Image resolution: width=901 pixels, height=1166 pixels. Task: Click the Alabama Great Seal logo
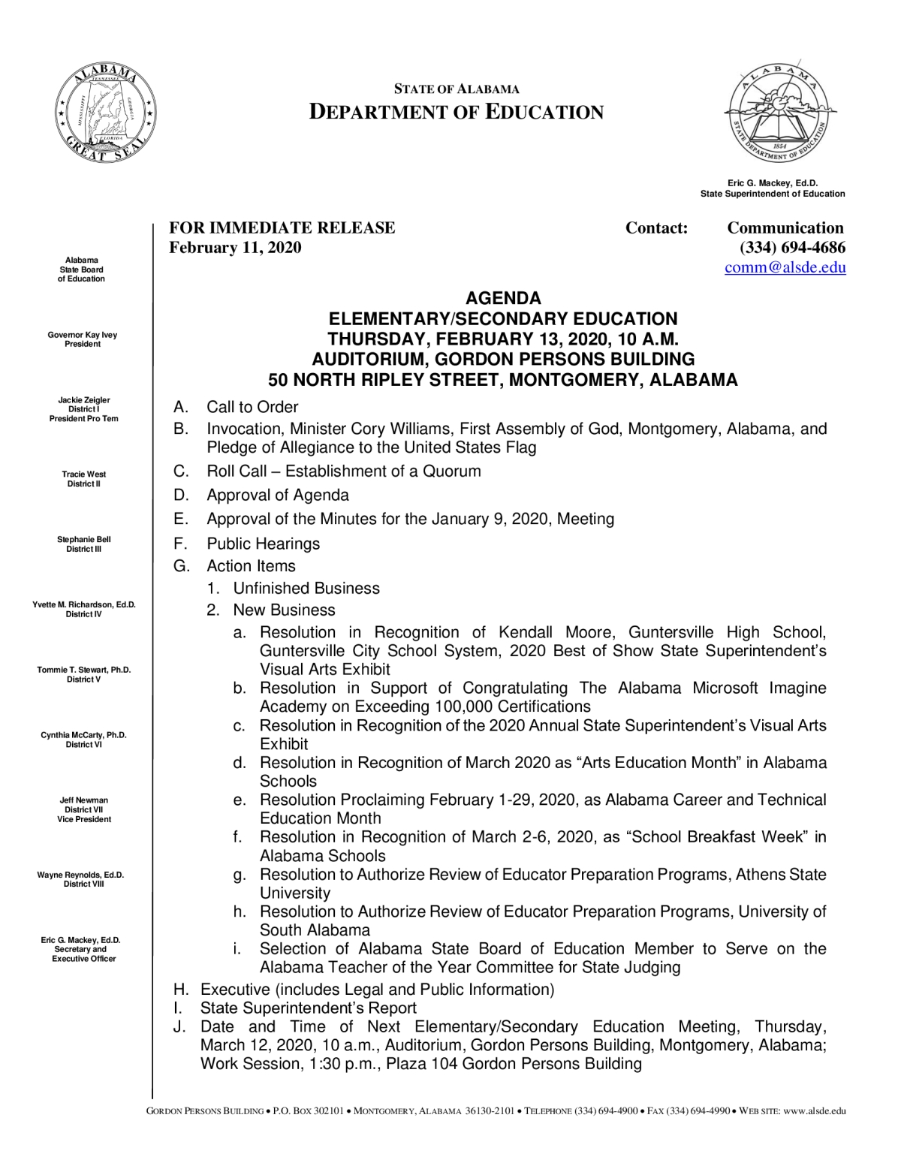point(106,113)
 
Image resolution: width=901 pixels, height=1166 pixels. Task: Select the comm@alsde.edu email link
point(785,267)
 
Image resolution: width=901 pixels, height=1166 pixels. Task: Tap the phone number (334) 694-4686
point(792,248)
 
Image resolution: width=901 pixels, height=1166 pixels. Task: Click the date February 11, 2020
point(235,248)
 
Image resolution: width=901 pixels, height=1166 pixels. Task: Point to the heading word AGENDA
point(503,298)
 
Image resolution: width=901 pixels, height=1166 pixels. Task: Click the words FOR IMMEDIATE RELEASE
point(282,227)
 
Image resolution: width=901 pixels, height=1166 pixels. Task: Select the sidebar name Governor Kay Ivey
point(83,335)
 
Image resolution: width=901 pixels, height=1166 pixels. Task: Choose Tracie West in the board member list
point(84,475)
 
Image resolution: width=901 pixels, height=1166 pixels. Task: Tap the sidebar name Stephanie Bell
point(84,540)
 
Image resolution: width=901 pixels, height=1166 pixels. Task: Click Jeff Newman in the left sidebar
point(84,800)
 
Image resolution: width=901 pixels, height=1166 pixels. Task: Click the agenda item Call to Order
point(252,407)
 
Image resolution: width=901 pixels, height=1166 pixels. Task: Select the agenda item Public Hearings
point(263,544)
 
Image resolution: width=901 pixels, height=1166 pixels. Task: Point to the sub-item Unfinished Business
point(306,589)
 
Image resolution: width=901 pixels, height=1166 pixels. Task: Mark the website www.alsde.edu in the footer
point(815,1111)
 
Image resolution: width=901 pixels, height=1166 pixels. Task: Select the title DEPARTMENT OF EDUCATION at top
point(457,113)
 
